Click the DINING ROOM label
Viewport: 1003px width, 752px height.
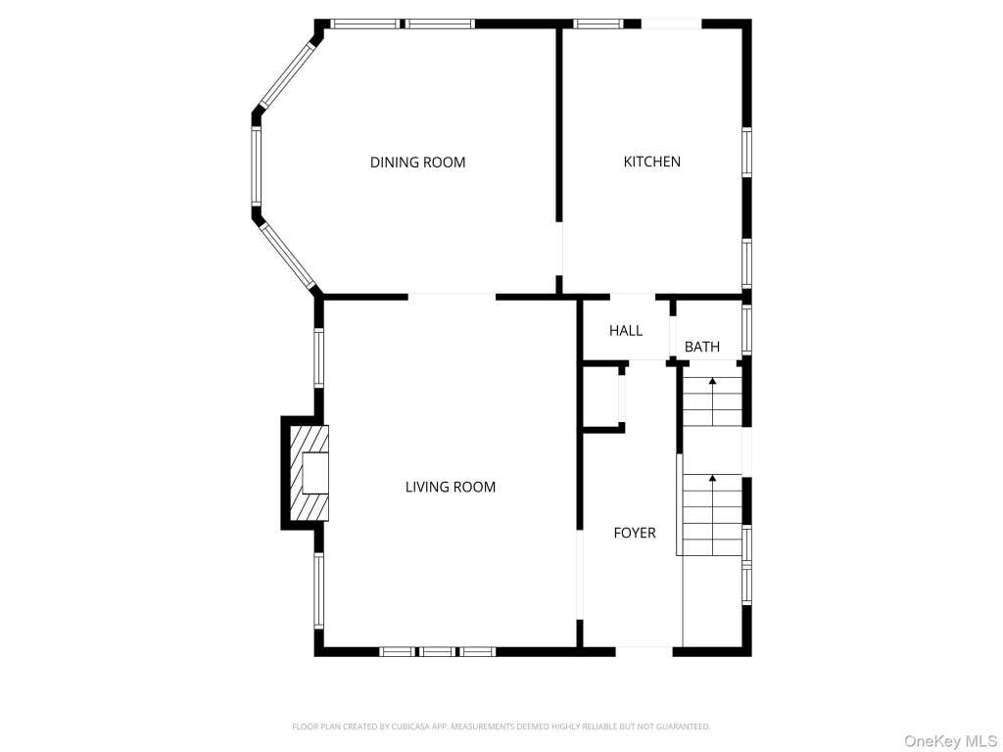417,163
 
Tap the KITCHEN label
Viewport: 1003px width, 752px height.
651,162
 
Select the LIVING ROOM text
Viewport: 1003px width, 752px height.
451,488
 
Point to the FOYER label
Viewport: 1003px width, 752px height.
635,533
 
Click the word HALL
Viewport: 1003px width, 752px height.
626,331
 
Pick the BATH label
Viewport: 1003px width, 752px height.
701,347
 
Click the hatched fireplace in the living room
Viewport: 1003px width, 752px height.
310,473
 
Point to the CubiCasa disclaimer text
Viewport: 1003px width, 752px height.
501,727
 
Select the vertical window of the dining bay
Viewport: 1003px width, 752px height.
256,166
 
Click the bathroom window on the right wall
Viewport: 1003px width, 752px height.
746,329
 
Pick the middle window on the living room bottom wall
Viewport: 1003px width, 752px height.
438,651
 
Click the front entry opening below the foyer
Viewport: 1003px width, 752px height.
645,651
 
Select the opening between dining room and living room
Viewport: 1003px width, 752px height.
452,297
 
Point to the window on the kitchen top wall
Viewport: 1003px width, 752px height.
598,23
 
